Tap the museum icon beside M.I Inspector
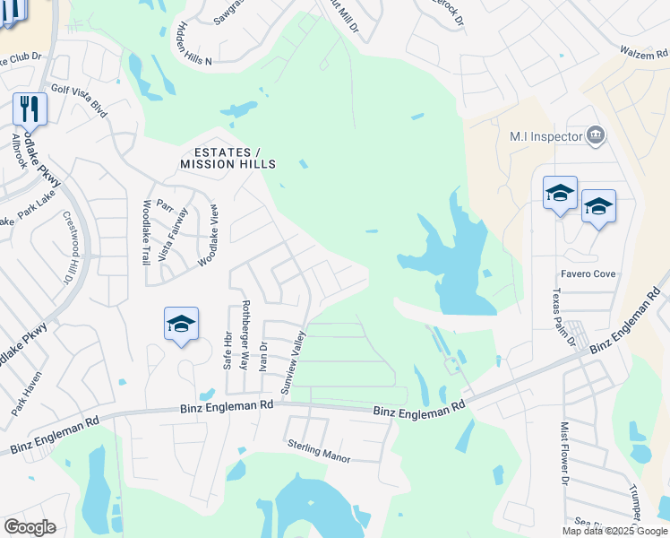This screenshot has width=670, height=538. click(595, 136)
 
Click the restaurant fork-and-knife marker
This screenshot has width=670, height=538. click(30, 109)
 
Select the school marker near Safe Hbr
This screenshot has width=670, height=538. click(181, 324)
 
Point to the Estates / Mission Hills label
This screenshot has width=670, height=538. click(228, 158)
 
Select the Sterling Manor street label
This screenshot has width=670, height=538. click(318, 450)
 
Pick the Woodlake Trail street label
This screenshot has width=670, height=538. click(146, 232)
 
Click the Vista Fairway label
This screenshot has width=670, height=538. click(173, 234)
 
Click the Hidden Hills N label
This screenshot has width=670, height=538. click(195, 44)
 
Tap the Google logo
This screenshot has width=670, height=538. click(30, 527)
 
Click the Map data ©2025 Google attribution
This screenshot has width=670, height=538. click(614, 531)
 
